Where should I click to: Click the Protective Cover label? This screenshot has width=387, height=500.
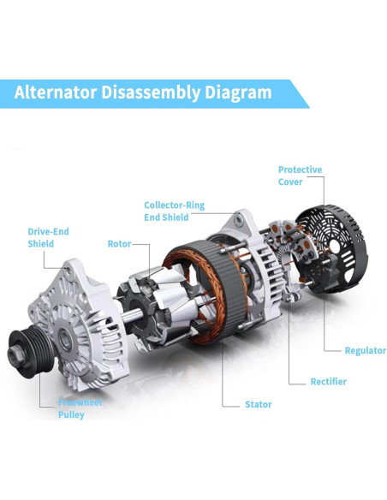click(300, 176)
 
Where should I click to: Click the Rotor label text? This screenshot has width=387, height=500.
click(119, 244)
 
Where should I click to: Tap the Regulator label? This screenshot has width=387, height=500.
click(365, 350)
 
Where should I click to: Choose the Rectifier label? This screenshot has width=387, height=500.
click(329, 381)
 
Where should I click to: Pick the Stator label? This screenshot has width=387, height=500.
click(259, 404)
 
